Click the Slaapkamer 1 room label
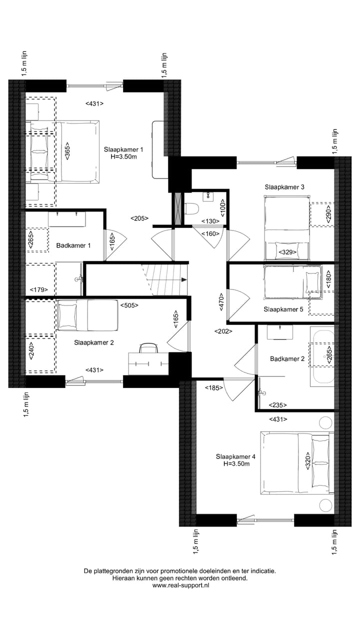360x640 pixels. pyautogui.click(x=123, y=149)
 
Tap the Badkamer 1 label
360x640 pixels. pyautogui.click(x=73, y=245)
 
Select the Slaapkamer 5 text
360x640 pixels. pyautogui.click(x=283, y=309)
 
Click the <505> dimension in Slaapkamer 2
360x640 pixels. pyautogui.click(x=129, y=304)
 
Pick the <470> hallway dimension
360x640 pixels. pyautogui.click(x=221, y=302)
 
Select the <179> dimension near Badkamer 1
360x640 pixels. pyautogui.click(x=38, y=289)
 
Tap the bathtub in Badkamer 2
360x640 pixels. pyautogui.click(x=321, y=357)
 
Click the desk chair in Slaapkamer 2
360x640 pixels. pyautogui.click(x=148, y=347)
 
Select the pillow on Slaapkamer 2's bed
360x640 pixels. pyautogui.click(x=67, y=315)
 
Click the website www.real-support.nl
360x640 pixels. pyautogui.click(x=180, y=585)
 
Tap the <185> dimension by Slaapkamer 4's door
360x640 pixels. pyautogui.click(x=213, y=387)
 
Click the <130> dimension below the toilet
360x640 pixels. pyautogui.click(x=210, y=221)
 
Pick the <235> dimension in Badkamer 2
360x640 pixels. pyautogui.click(x=278, y=405)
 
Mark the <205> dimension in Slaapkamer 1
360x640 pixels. pyautogui.click(x=139, y=218)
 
